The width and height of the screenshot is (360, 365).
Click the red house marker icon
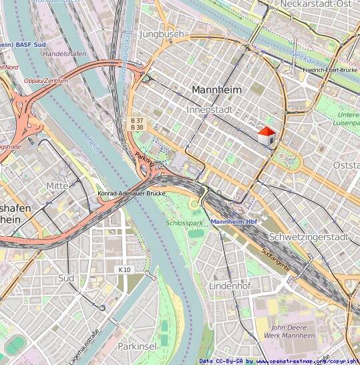coord(266,136)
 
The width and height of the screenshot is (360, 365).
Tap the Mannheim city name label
coord(216,89)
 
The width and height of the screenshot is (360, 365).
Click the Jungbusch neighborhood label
coord(162,33)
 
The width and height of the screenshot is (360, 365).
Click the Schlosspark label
coord(184,223)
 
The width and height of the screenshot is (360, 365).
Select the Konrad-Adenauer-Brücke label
coord(132,193)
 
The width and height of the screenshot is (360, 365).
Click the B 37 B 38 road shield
coord(137,124)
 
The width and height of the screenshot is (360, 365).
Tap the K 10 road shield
coord(124,269)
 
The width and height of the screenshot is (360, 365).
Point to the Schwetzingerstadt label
coord(308,237)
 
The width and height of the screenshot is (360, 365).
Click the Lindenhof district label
coord(228,285)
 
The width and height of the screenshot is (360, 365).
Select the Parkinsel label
coord(137,346)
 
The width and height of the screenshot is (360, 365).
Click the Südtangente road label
coord(276,259)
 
